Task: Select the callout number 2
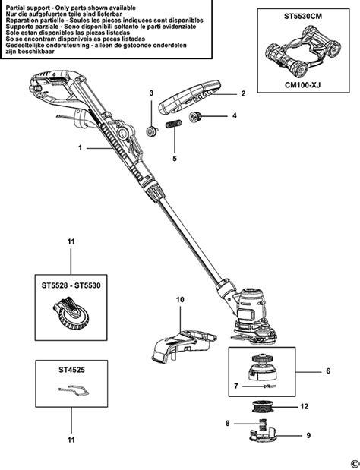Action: click(243, 93)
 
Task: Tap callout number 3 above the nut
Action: click(151, 93)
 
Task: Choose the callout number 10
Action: click(180, 301)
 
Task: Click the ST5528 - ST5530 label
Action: click(71, 287)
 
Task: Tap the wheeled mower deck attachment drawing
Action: click(298, 52)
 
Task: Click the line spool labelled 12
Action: click(263, 407)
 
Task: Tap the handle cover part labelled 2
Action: click(193, 94)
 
